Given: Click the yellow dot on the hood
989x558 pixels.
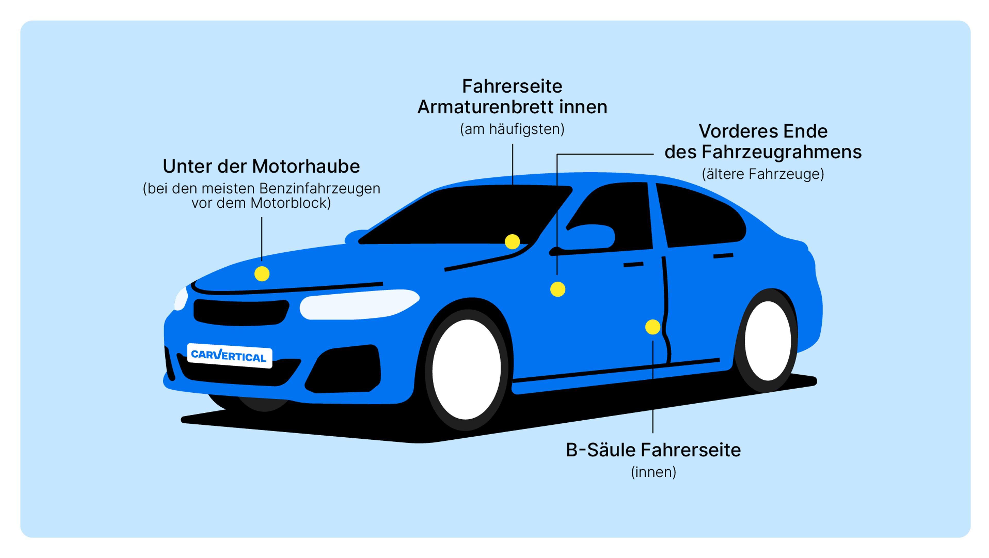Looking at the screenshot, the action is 262,274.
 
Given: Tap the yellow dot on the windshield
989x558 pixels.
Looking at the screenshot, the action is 512,242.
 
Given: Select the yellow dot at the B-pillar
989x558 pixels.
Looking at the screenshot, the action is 653,327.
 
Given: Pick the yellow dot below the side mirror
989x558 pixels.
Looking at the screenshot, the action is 557,289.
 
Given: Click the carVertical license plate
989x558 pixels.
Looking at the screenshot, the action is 229,355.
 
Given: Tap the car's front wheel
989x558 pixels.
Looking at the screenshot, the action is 466,370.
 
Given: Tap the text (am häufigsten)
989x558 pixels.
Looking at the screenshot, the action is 512,129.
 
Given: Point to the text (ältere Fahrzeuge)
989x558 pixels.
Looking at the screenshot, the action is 763,174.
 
